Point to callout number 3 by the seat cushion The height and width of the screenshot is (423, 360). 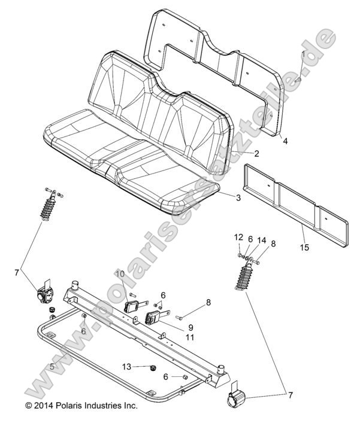238,197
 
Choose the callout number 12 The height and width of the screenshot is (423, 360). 237,238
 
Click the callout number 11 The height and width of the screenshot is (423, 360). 190,338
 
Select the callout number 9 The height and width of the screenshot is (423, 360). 190,327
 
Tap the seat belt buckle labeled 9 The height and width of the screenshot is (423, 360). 153,317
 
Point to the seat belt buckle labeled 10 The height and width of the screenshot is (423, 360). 132,306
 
